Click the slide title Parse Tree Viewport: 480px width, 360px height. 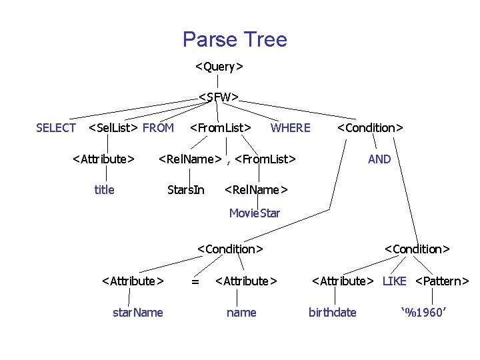[235, 39]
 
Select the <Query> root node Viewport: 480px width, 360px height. [219, 67]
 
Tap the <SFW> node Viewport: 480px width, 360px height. [219, 97]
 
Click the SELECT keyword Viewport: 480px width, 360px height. [56, 128]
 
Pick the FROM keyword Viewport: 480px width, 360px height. [158, 128]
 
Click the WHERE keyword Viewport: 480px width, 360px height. [290, 128]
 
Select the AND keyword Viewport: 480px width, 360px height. [379, 159]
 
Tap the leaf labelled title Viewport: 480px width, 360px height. [104, 190]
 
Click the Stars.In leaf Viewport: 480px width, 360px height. [186, 190]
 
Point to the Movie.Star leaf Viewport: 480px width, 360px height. [255, 213]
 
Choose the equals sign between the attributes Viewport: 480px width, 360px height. [195, 281]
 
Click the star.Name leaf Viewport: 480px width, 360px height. [138, 313]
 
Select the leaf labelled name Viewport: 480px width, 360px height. [241, 313]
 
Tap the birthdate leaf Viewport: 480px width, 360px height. [333, 313]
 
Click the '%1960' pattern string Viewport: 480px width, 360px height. [423, 313]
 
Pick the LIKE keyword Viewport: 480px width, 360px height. [394, 281]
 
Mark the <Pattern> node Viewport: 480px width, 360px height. [442, 281]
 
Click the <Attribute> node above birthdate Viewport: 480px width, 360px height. [343, 281]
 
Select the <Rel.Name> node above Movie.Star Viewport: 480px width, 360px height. [256, 190]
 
